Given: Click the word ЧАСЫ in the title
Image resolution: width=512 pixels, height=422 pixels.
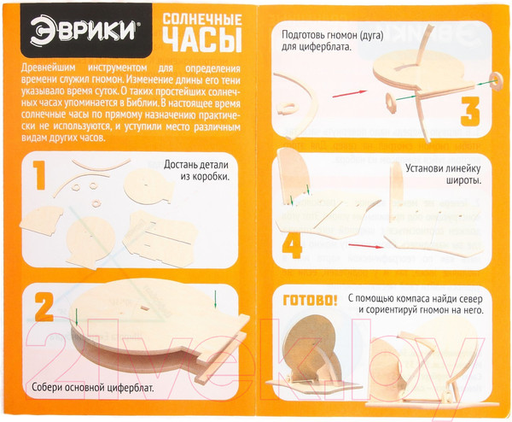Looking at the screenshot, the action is [x=202, y=40].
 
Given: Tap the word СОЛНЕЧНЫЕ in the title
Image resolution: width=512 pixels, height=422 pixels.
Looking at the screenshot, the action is [x=202, y=20].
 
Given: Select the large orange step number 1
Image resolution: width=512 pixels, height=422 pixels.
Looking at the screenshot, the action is [x=40, y=175].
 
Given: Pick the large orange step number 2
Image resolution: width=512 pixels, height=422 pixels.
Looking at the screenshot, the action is [x=44, y=308].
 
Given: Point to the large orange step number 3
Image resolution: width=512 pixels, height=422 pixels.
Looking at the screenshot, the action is [x=470, y=111].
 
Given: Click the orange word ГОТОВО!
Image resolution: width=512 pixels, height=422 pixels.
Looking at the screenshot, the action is [x=310, y=301].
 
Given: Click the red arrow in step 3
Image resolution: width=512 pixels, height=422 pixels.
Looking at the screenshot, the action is [x=350, y=94].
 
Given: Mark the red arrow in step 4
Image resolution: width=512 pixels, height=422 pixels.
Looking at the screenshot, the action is [x=366, y=246].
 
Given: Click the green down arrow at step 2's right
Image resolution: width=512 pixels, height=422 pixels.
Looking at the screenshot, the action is [x=215, y=300].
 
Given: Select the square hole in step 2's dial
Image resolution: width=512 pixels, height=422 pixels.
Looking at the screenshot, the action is [x=145, y=308].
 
